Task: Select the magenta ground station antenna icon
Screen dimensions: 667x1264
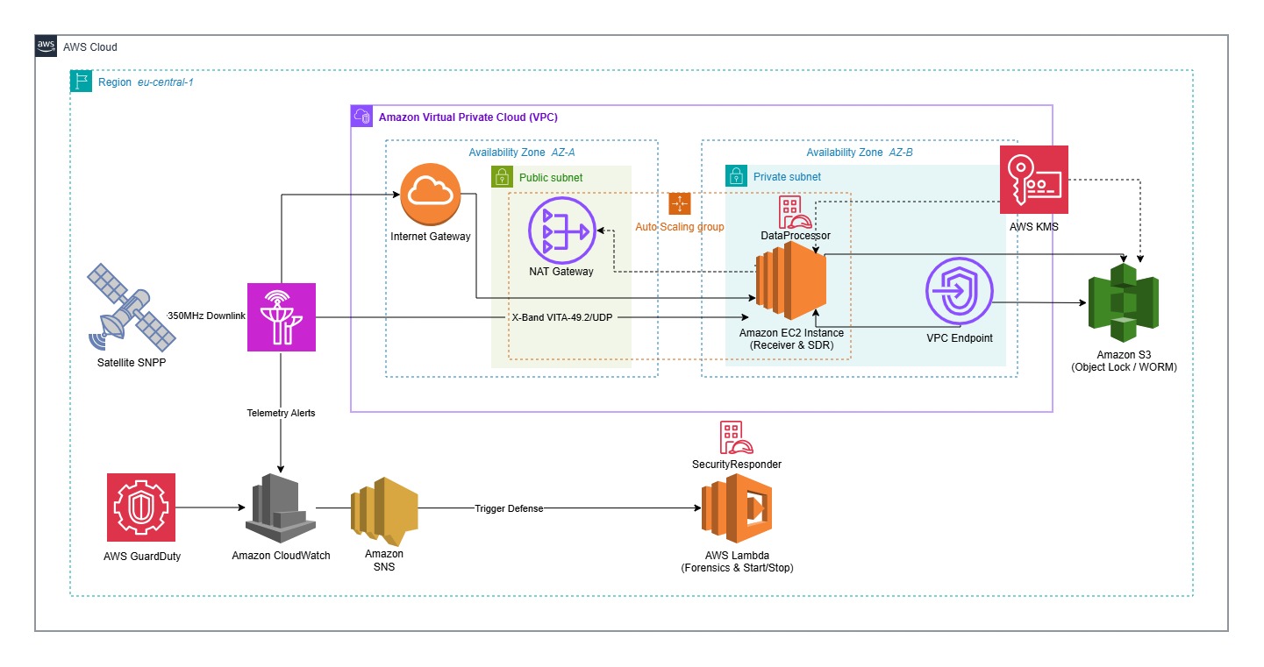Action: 281,316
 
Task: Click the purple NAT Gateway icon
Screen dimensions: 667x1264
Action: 561,230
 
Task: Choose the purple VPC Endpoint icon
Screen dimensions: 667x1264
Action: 959,294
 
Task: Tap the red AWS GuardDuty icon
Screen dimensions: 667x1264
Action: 141,507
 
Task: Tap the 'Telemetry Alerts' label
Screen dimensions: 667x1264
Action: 281,413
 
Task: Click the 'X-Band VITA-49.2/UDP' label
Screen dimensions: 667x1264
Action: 562,317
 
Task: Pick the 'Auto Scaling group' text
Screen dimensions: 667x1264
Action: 680,227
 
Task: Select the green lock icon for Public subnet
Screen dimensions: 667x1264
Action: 502,176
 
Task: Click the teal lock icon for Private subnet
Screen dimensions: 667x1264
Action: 736,176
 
